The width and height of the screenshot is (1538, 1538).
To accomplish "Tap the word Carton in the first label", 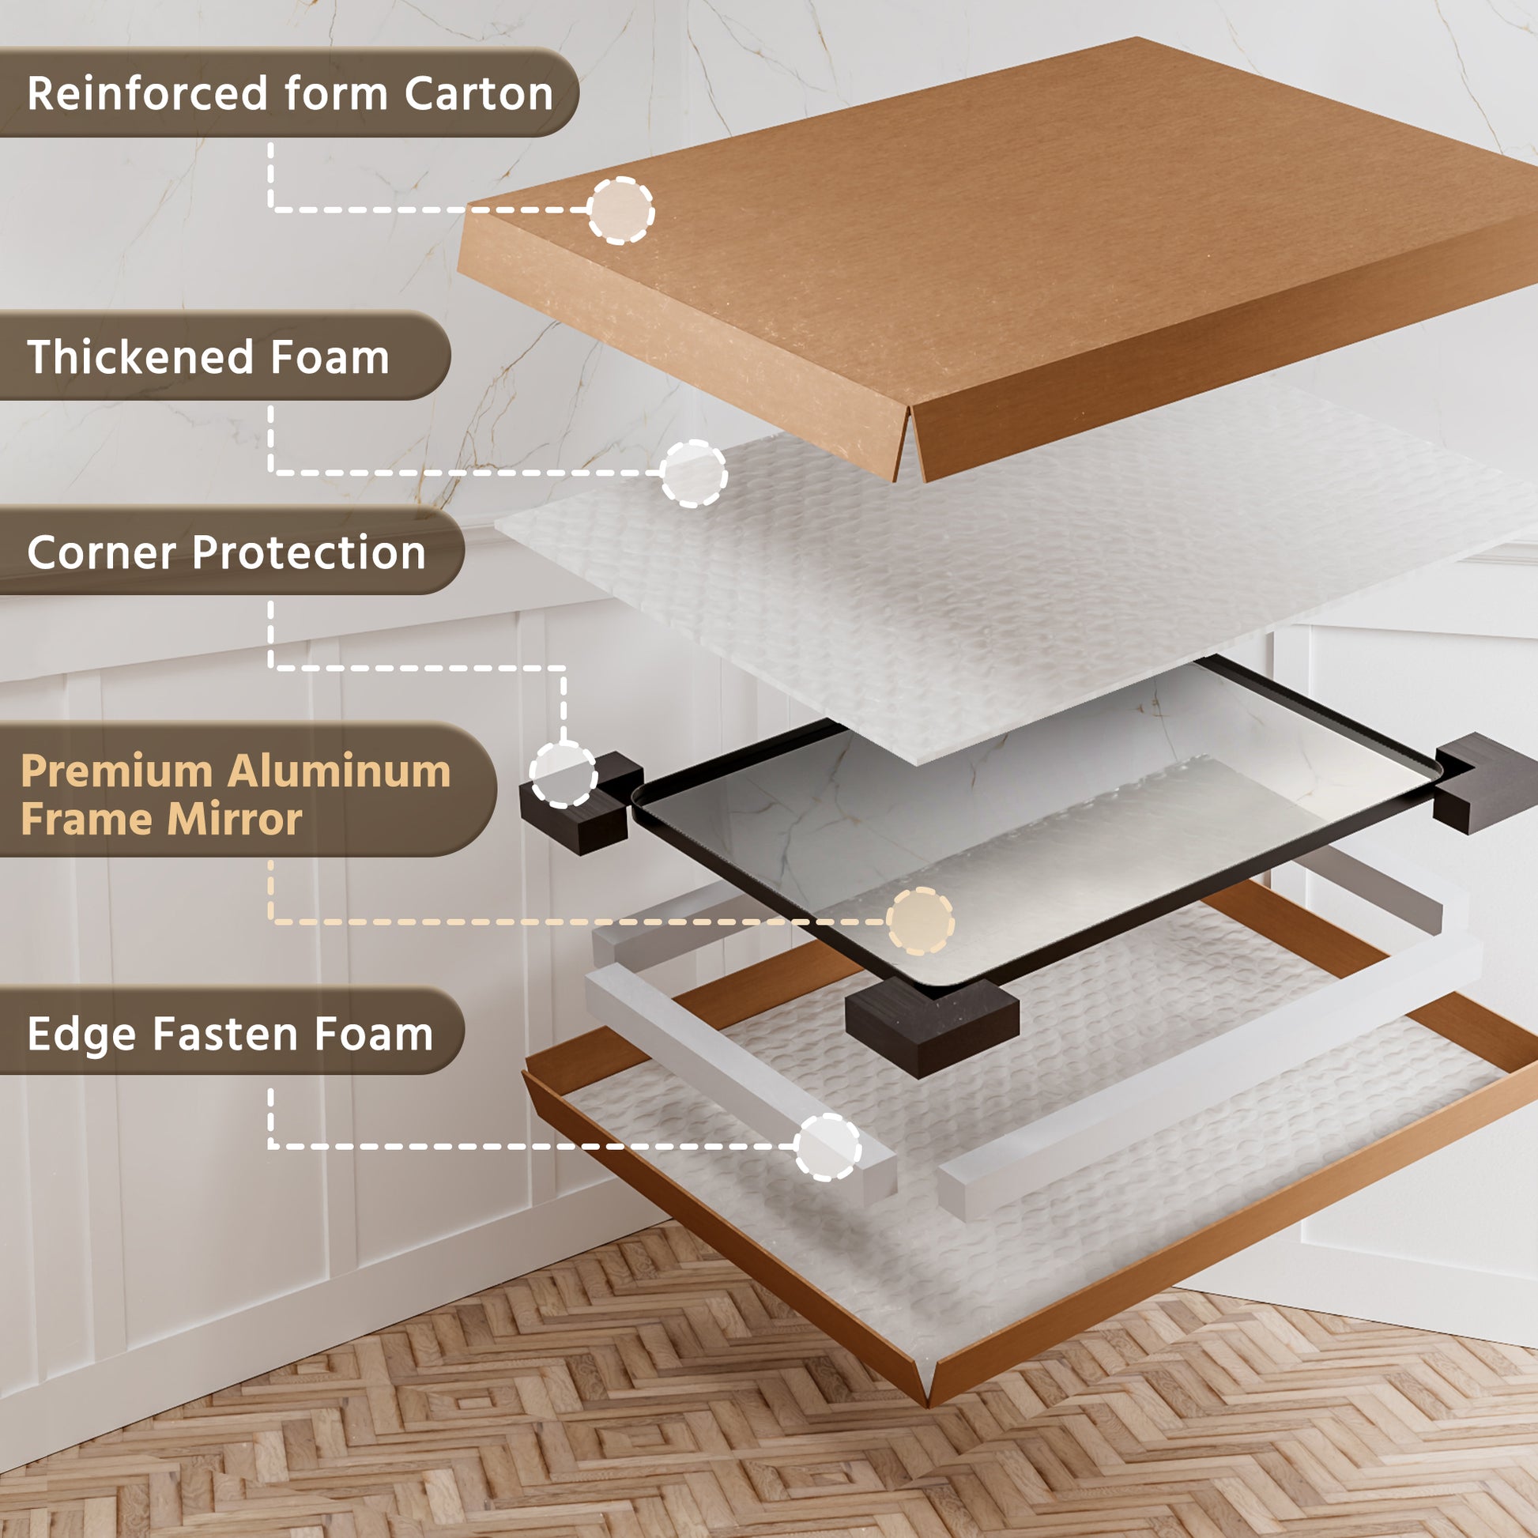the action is tap(478, 94).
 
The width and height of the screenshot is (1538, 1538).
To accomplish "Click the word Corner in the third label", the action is tap(102, 552).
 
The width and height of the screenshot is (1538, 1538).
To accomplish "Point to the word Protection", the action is tap(309, 552).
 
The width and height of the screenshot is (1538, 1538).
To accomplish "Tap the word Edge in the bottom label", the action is tap(82, 1034).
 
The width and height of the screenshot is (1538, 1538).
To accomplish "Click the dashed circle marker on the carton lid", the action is tap(621, 210).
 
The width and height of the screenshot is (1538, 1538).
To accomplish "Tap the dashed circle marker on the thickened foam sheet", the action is tap(694, 473).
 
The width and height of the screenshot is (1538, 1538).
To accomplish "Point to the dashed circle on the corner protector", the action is tap(563, 774).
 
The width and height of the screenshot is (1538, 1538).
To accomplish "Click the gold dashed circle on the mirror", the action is tap(920, 921).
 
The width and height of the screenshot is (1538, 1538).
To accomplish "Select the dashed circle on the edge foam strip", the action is tap(828, 1146).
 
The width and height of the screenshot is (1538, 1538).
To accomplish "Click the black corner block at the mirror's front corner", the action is tap(931, 1027).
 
